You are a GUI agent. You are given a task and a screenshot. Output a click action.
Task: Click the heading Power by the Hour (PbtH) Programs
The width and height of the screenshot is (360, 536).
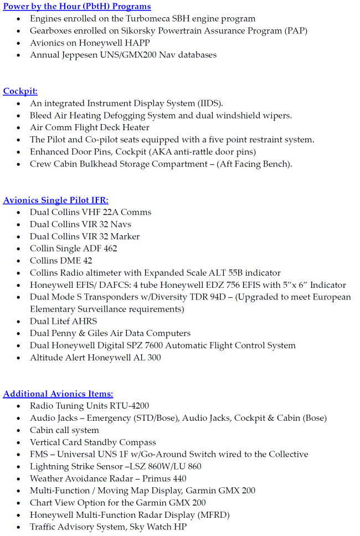coord(77,7)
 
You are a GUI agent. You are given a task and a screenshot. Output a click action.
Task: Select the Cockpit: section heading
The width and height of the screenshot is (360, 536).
coord(20,91)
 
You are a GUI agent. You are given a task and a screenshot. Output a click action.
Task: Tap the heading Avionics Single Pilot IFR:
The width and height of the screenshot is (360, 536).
coord(56,200)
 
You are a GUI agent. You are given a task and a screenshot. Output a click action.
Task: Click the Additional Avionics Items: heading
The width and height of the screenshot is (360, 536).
coord(58,394)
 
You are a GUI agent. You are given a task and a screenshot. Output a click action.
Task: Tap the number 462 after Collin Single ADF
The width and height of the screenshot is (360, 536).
coord(110,249)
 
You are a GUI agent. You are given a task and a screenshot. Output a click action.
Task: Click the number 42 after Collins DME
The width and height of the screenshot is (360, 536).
coord(87,261)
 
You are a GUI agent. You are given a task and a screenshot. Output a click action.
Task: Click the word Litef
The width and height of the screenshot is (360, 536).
coord(62,321)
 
